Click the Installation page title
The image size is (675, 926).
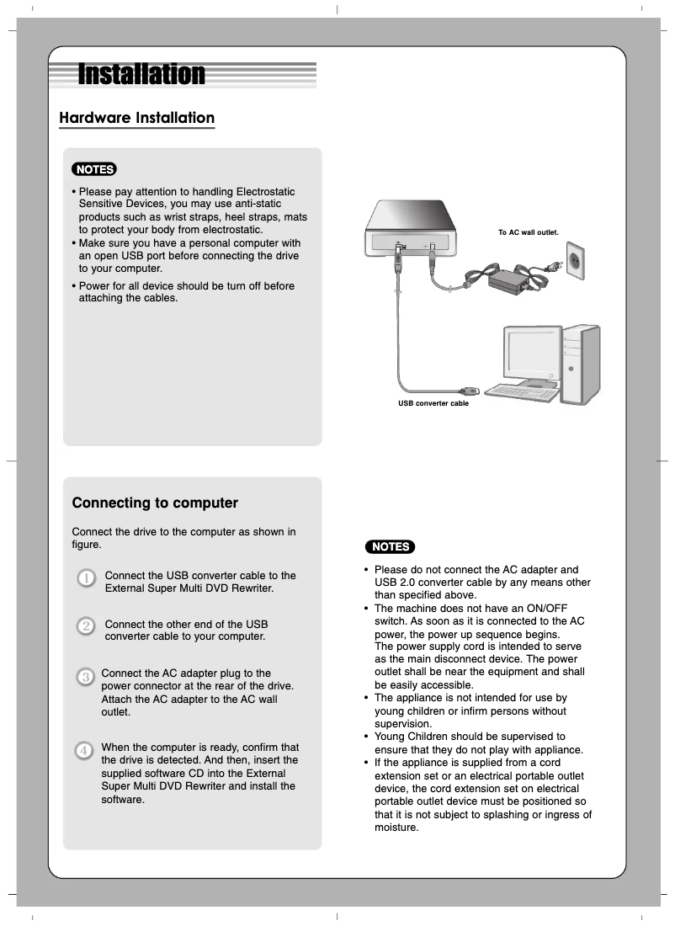(141, 75)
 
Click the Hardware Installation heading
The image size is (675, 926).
(136, 118)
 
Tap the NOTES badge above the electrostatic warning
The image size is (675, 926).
(94, 169)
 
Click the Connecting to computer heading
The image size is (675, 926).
(155, 503)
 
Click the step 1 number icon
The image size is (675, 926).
(86, 578)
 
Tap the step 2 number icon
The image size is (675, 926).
(86, 626)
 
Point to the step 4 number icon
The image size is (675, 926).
(84, 749)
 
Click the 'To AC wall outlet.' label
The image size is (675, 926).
(528, 231)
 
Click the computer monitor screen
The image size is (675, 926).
(529, 354)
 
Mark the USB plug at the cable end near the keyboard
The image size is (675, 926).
(468, 391)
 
